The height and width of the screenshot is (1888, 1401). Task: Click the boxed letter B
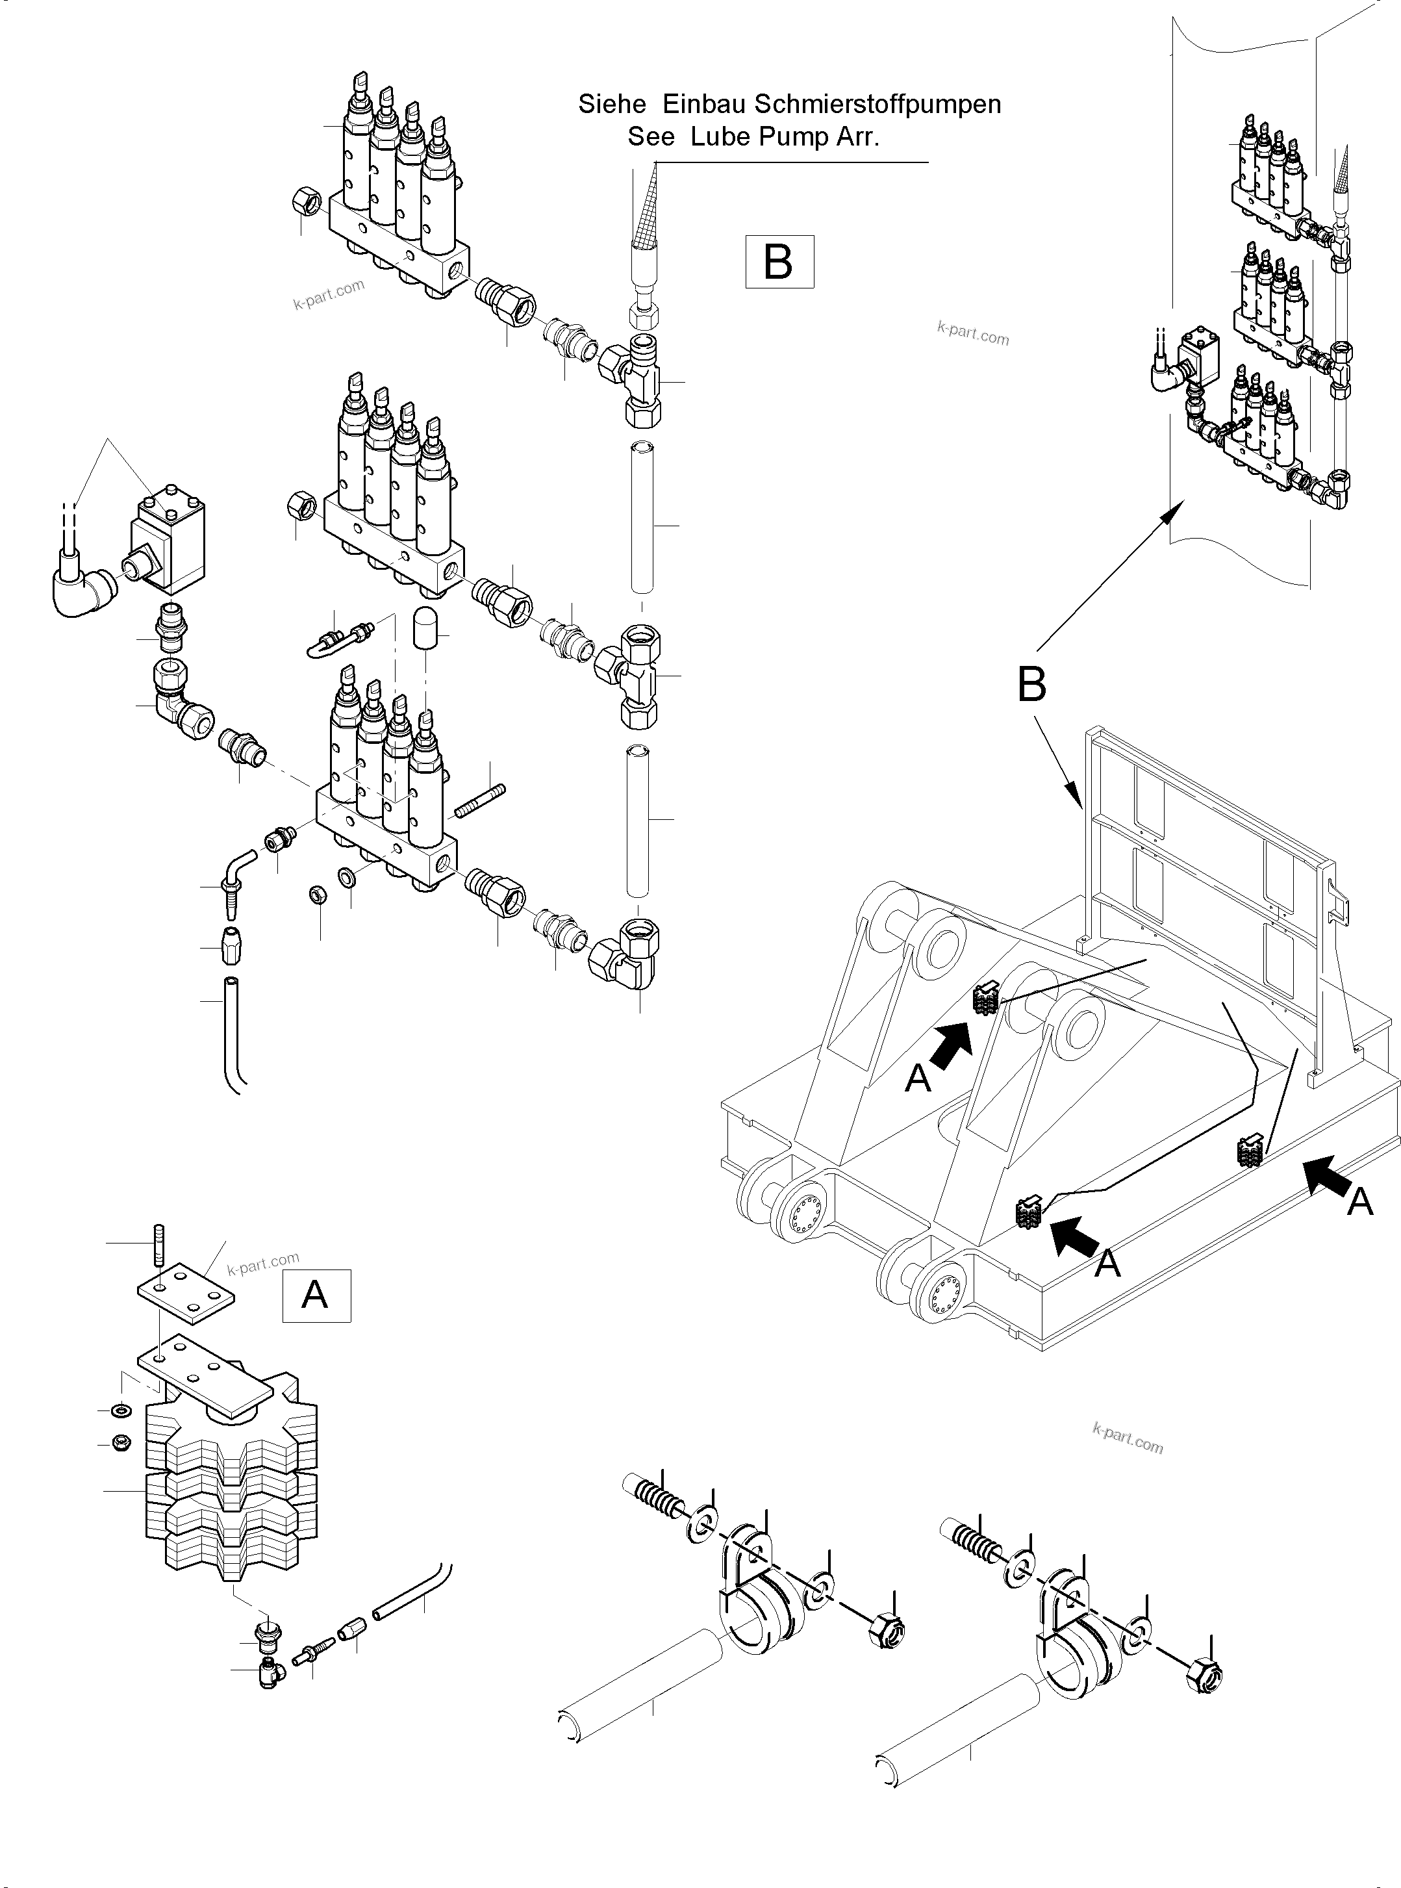[x=779, y=262]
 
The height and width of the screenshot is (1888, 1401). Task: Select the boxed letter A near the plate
[x=316, y=1295]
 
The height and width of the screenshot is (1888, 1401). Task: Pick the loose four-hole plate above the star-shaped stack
[x=186, y=1294]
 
